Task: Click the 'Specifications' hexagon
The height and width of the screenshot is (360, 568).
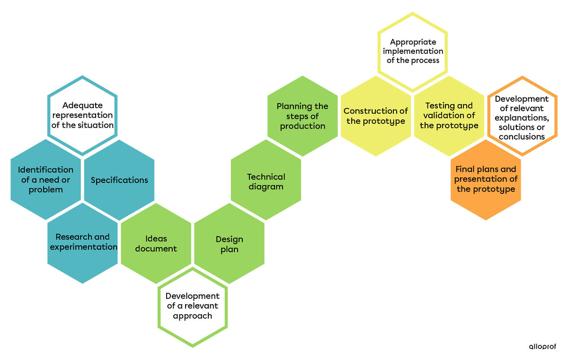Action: pyautogui.click(x=119, y=180)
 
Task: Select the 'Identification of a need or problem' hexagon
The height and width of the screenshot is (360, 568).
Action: pyautogui.click(x=45, y=180)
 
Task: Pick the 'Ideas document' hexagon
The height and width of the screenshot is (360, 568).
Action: pyautogui.click(x=156, y=243)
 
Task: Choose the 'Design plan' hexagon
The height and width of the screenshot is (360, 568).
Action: pyautogui.click(x=230, y=244)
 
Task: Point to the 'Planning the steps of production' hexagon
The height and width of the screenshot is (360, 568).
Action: pyautogui.click(x=302, y=116)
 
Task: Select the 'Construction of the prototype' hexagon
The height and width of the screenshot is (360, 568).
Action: pyautogui.click(x=376, y=116)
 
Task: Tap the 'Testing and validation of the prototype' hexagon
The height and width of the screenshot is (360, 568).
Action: pyautogui.click(x=449, y=116)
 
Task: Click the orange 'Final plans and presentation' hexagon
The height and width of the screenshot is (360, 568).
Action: pyautogui.click(x=486, y=179)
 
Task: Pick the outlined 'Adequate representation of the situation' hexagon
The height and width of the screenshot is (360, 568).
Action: pyautogui.click(x=82, y=115)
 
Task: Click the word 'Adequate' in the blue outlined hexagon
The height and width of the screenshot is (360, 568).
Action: pyautogui.click(x=82, y=105)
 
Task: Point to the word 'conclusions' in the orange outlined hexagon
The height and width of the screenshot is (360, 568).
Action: pyautogui.click(x=522, y=137)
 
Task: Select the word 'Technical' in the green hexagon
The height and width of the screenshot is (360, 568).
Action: pyautogui.click(x=266, y=176)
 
